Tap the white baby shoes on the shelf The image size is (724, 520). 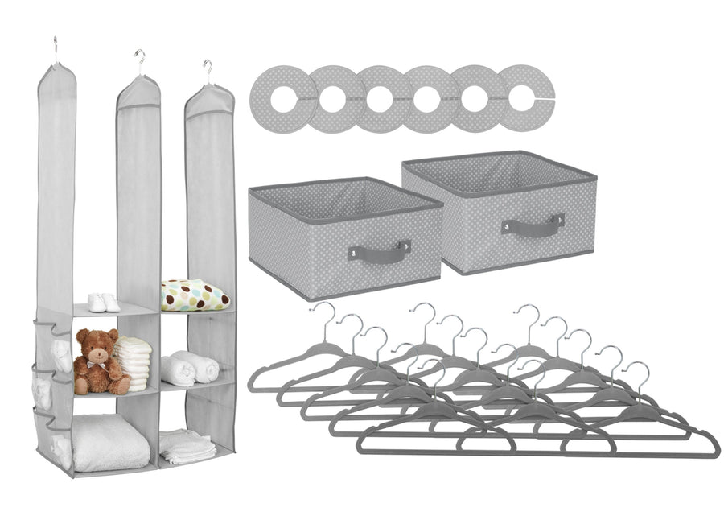103,303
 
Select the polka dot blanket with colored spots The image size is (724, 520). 195,295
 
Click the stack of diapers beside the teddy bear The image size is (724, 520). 134,362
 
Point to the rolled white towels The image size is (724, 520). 190,368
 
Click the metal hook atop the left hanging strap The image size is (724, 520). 56,47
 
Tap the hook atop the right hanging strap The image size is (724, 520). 208,71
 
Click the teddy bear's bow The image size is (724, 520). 95,363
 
